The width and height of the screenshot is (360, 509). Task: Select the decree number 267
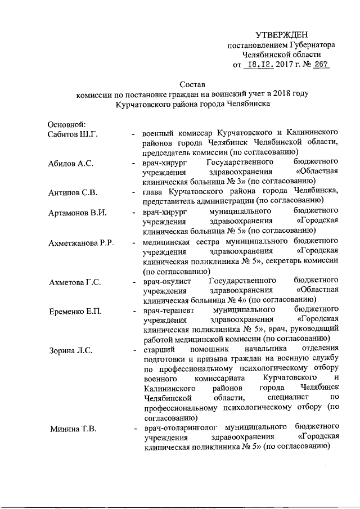321,65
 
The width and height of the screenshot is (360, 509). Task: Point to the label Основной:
66,123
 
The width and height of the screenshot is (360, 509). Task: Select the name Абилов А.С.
70,164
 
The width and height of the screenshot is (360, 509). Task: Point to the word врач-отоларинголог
179,427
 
